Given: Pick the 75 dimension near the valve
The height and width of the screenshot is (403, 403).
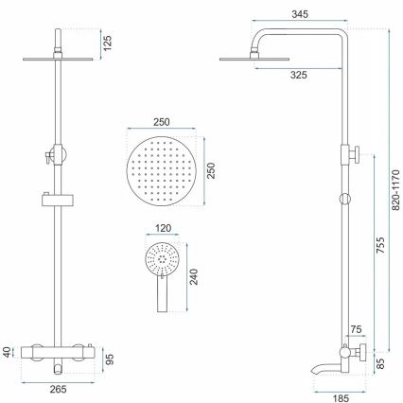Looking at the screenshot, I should (x=354, y=330).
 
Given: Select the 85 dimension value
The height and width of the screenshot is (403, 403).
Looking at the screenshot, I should (x=380, y=359).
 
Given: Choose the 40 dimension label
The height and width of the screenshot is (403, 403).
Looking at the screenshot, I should (x=9, y=352).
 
